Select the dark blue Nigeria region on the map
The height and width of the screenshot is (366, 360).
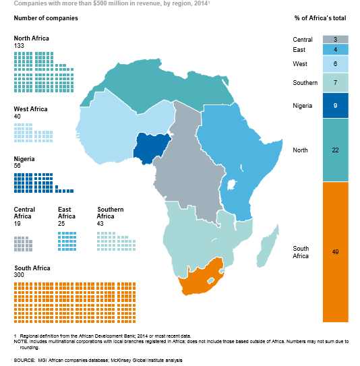[152, 150]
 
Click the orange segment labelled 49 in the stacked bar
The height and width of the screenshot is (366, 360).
[335, 251]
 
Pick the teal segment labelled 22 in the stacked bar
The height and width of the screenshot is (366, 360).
[335, 150]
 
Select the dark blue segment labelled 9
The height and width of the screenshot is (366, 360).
[335, 105]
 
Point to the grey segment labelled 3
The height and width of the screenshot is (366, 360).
[335, 40]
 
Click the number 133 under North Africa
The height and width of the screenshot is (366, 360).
[19, 45]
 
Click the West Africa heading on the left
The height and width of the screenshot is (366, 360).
[31, 109]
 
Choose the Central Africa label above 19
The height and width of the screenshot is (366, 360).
[24, 213]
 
